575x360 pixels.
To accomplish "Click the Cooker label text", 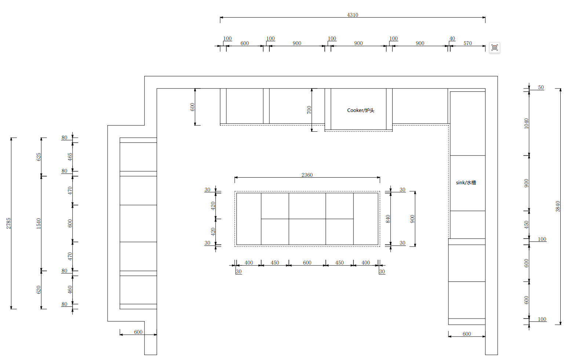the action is tap(360, 110).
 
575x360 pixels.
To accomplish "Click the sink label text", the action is tap(466, 182).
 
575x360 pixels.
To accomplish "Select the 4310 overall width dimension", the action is tap(352, 15).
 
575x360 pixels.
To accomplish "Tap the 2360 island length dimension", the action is tap(307, 175).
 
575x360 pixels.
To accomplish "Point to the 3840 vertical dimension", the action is tap(557, 207).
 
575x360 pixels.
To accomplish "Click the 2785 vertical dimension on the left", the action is tap(8, 223).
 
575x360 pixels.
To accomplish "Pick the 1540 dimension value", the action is tap(39, 223).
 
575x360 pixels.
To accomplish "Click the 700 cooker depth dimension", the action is tap(309, 110).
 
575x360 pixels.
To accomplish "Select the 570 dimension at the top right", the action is tap(467, 43).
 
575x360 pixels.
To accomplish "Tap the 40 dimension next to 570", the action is tap(452, 39).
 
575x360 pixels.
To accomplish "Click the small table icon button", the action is tap(494, 47).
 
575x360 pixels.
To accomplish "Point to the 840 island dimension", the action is tap(388, 219).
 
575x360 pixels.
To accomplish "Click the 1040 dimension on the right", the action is tap(526, 124).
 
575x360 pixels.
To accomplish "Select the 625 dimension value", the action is tap(39, 157).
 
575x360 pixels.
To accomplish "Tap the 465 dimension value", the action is tap(70, 157).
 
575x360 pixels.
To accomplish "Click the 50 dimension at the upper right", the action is tap(541, 87).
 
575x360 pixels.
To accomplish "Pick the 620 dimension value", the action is tap(39, 290).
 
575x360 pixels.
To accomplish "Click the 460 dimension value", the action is tap(70, 290).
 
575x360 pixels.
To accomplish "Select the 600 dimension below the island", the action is tap(307, 263).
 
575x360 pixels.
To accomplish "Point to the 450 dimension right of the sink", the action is tap(526, 225).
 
